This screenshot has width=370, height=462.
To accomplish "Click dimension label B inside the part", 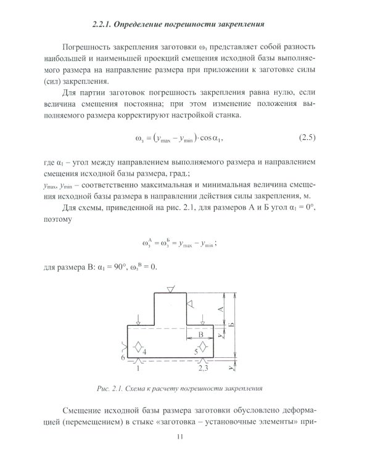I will coord(200,333).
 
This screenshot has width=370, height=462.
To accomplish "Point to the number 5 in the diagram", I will coord(195,351).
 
